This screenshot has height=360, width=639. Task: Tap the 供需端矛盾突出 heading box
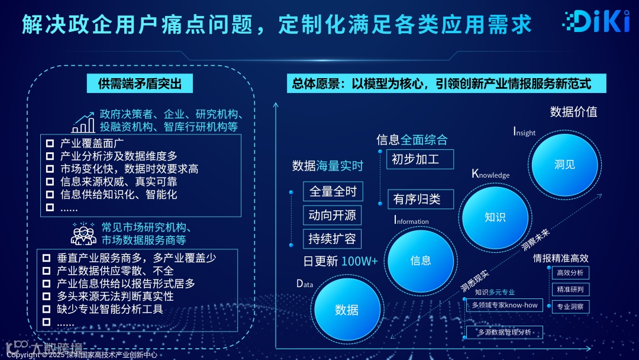[x=140, y=83]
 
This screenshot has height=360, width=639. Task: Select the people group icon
[x=83, y=233]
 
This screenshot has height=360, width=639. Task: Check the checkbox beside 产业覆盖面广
[x=50, y=143]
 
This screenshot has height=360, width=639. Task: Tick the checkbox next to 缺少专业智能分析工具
[x=47, y=308]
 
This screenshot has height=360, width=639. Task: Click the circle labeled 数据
[x=347, y=309]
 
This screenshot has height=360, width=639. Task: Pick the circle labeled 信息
[x=421, y=261]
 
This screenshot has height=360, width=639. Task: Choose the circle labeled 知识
[x=495, y=217]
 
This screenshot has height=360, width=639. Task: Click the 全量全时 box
[x=333, y=191]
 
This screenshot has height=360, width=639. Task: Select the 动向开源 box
[x=333, y=215]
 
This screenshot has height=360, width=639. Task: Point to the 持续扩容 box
[x=333, y=239]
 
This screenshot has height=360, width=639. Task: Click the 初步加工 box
[x=420, y=159]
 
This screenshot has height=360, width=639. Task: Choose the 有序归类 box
[x=420, y=200]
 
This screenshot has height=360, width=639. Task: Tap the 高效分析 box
[x=570, y=273]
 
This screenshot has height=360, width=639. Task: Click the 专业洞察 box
[x=570, y=307]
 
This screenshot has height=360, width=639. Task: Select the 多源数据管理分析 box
[x=504, y=332]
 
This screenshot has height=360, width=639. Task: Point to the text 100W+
[x=359, y=261]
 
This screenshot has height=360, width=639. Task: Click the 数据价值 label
[x=573, y=112]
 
